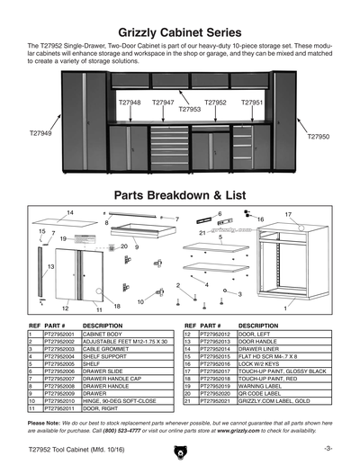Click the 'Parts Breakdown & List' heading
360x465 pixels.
coord(180,195)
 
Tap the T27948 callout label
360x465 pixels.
coord(130,103)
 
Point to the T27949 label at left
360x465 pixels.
coord(40,133)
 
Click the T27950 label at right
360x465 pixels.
coord(319,137)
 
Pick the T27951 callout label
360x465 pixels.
coord(252,103)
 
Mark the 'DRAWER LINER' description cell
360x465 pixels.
coord(261,349)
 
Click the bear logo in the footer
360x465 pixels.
coord(180,447)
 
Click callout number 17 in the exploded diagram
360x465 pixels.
coord(288,216)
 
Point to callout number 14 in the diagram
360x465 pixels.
coord(69,212)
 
